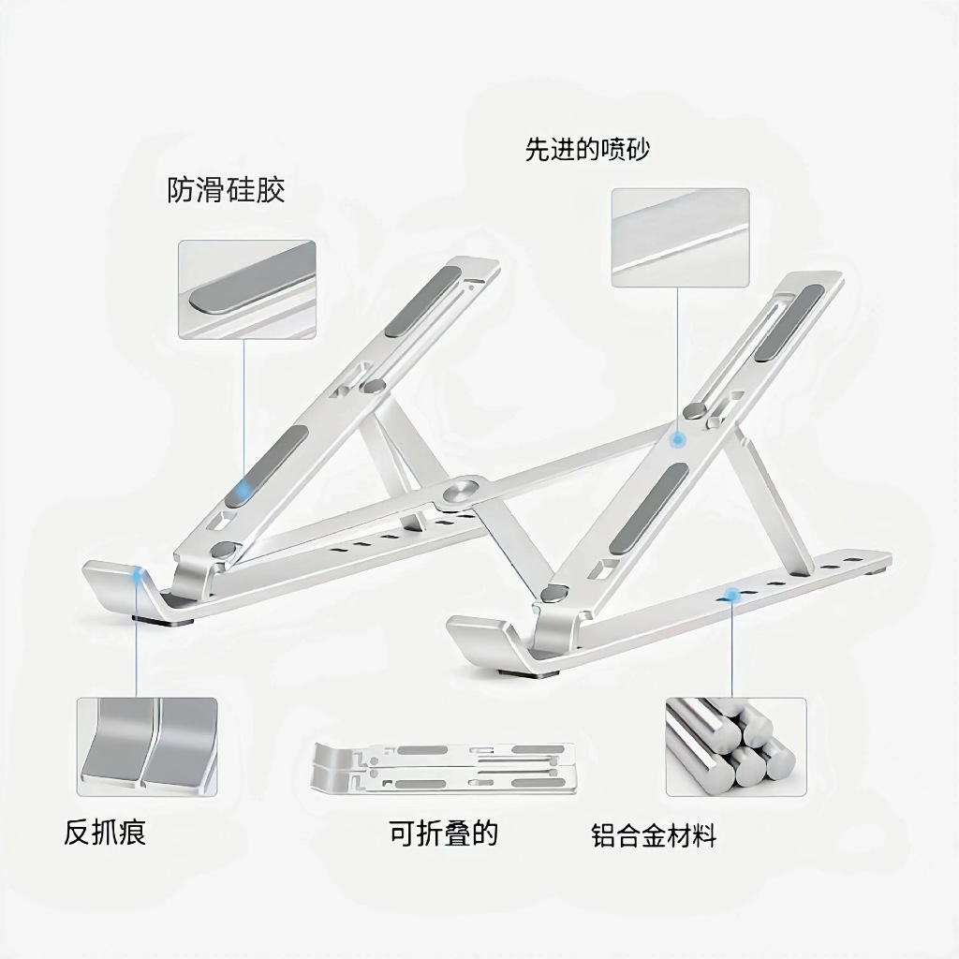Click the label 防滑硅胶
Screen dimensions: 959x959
tap(226, 191)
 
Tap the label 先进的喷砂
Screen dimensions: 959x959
tap(586, 150)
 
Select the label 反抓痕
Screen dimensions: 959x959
tap(105, 832)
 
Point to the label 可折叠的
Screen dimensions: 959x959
tap(443, 832)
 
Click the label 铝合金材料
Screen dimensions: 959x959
tap(654, 835)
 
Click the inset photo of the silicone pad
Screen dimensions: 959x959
tap(247, 289)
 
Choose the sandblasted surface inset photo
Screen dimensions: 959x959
tap(680, 237)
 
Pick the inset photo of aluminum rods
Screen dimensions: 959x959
tap(735, 746)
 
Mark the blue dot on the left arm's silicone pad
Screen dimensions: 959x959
tap(245, 488)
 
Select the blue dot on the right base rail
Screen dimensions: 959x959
tap(731, 594)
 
